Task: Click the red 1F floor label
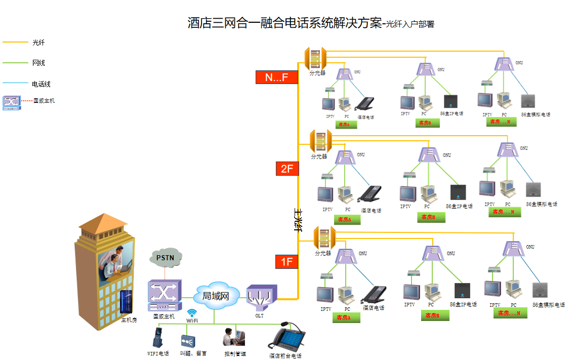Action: point(287,261)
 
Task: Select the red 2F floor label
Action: point(287,169)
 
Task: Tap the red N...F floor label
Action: point(276,77)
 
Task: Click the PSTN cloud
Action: point(165,258)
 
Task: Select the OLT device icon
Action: point(261,298)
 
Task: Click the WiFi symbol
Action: point(192,313)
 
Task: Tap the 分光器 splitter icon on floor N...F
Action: point(315,59)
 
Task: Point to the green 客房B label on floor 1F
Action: point(435,315)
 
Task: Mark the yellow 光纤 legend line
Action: point(15,43)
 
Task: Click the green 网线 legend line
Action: point(15,63)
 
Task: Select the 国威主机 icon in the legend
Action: point(11,102)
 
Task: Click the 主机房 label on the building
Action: point(129,320)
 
